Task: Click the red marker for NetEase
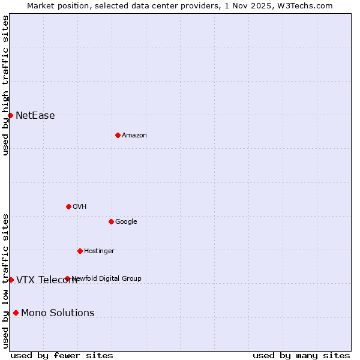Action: (x=11, y=115)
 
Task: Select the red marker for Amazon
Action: (x=118, y=135)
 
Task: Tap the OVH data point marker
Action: (x=68, y=206)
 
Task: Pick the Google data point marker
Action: (x=111, y=221)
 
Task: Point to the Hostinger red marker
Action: (x=80, y=251)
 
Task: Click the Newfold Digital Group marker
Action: (x=67, y=278)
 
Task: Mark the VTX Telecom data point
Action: (x=11, y=280)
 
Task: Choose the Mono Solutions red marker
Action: (x=16, y=313)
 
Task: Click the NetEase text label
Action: (x=35, y=116)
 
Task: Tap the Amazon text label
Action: (x=134, y=136)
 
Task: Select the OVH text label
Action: (x=80, y=207)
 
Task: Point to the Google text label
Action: (x=126, y=222)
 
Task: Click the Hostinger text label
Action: (x=99, y=251)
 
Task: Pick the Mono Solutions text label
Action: (x=58, y=313)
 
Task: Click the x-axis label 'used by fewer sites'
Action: (x=62, y=356)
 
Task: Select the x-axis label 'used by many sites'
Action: (x=301, y=356)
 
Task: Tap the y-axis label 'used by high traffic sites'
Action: (x=5, y=85)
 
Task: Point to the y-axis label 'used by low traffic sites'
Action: (x=5, y=280)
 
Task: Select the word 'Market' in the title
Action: (x=41, y=5)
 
